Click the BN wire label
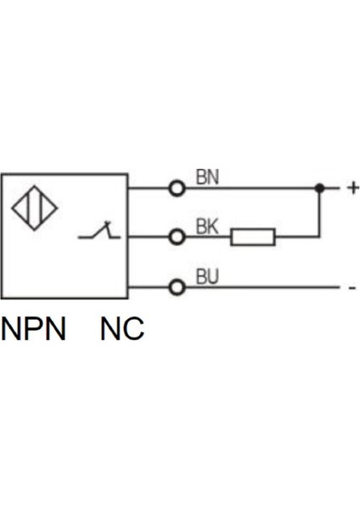coord(208,176)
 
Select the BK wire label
coord(208,227)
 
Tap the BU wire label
coord(208,277)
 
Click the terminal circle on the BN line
coord(177,188)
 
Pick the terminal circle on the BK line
coord(177,238)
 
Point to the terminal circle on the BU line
coord(177,288)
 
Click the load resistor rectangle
coord(253,238)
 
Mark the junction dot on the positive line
coord(319,188)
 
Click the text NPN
coord(34,328)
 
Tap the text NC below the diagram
coord(122,328)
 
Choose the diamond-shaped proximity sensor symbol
coord(35,208)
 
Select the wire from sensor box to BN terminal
coord(149,188)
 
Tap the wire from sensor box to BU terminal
coord(149,288)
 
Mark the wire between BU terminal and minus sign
coord(263,288)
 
